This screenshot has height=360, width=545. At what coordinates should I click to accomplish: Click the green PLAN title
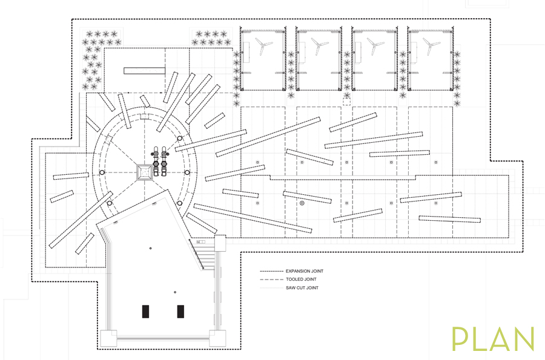click(x=493, y=340)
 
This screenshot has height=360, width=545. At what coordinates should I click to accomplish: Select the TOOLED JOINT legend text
click(x=301, y=280)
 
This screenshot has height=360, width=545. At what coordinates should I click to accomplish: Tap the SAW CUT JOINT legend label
click(x=302, y=288)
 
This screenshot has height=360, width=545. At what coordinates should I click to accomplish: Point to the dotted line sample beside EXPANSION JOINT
click(x=271, y=271)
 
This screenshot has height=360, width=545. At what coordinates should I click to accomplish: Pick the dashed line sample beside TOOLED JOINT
click(x=271, y=280)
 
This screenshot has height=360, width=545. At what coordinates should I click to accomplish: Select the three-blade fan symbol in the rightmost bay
click(x=431, y=44)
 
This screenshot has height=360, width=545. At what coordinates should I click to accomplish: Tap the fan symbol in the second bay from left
click(x=319, y=44)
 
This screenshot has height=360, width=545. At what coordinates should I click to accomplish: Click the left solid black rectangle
click(x=145, y=312)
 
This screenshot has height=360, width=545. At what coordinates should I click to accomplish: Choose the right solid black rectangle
click(x=180, y=312)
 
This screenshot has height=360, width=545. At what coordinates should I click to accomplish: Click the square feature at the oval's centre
click(x=145, y=172)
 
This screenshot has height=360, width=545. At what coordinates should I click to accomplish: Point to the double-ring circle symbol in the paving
click(x=302, y=204)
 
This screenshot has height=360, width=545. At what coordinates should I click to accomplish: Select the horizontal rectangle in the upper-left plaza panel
click(x=145, y=71)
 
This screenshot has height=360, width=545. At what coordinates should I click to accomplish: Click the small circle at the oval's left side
click(x=102, y=173)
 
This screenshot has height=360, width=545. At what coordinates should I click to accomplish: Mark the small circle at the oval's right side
click(x=187, y=173)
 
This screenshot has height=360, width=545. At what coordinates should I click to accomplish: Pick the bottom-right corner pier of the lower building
click(x=216, y=336)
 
